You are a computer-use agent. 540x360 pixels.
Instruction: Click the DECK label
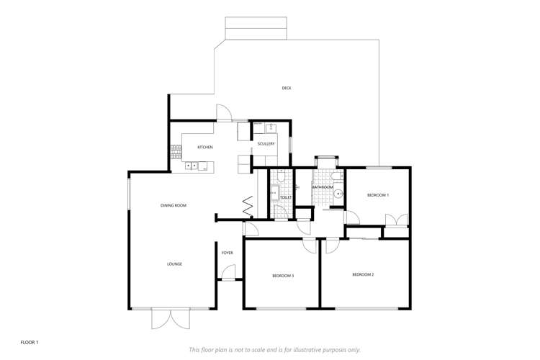coord(287,89)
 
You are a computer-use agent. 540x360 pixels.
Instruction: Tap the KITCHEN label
coord(205,148)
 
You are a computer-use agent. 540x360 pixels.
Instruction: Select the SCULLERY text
coord(266,144)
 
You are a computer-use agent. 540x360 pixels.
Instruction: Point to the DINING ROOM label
coord(174,206)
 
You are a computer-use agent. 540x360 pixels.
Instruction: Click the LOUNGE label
coord(174,264)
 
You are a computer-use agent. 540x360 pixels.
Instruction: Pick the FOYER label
coord(227,253)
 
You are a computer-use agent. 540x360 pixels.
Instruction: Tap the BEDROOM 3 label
coord(283,276)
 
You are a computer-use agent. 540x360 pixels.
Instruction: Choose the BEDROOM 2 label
coord(363,274)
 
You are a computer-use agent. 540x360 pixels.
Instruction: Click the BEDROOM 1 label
coord(378,195)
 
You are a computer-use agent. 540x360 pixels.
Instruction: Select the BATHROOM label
coord(323,187)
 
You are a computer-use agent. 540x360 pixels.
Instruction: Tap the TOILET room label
coord(285,197)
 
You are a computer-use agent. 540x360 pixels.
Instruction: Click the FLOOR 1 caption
coord(30,342)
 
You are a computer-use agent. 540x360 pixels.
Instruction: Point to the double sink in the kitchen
coord(192,166)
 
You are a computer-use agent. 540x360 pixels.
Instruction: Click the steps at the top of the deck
coord(256,29)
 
